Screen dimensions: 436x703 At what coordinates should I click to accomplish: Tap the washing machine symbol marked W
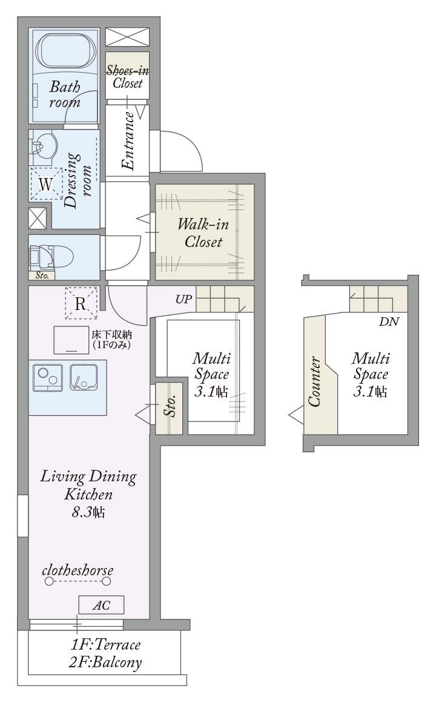pos(46,184)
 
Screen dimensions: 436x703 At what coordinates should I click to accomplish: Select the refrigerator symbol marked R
pos(81,303)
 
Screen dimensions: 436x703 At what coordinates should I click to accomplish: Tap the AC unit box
pos(101,605)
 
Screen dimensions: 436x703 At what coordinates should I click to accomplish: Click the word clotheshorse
pos(78,570)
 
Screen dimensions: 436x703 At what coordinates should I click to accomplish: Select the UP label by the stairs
pos(183,299)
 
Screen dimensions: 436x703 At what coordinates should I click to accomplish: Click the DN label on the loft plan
pos(389,322)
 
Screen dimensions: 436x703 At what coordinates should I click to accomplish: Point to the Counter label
pos(314,381)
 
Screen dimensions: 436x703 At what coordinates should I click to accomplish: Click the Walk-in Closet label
pos(203,233)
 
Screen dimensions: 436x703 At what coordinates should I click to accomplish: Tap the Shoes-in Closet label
pos(127,77)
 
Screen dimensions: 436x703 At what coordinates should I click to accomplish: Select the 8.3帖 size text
pos(88,512)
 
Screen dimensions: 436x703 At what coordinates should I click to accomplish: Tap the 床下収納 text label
pos(111,334)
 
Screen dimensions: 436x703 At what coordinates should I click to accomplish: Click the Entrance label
pos(128,140)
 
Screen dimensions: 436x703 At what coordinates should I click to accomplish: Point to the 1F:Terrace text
pos(106,645)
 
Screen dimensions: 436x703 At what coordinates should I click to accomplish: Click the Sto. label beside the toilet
pos(42,276)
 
